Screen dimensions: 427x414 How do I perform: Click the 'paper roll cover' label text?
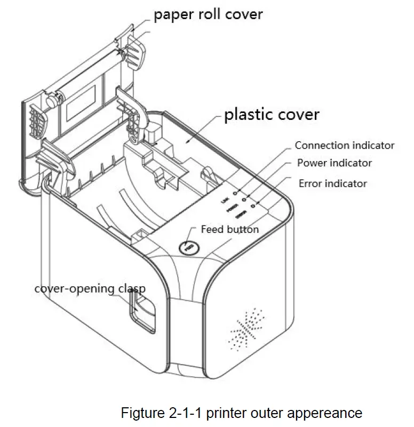(x=208, y=14)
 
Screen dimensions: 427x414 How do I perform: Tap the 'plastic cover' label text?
(x=272, y=114)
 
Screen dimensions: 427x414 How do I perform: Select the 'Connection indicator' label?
(x=344, y=145)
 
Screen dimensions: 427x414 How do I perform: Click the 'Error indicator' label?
(x=332, y=183)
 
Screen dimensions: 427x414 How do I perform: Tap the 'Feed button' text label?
(x=229, y=229)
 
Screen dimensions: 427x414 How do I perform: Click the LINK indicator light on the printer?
(x=235, y=190)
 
